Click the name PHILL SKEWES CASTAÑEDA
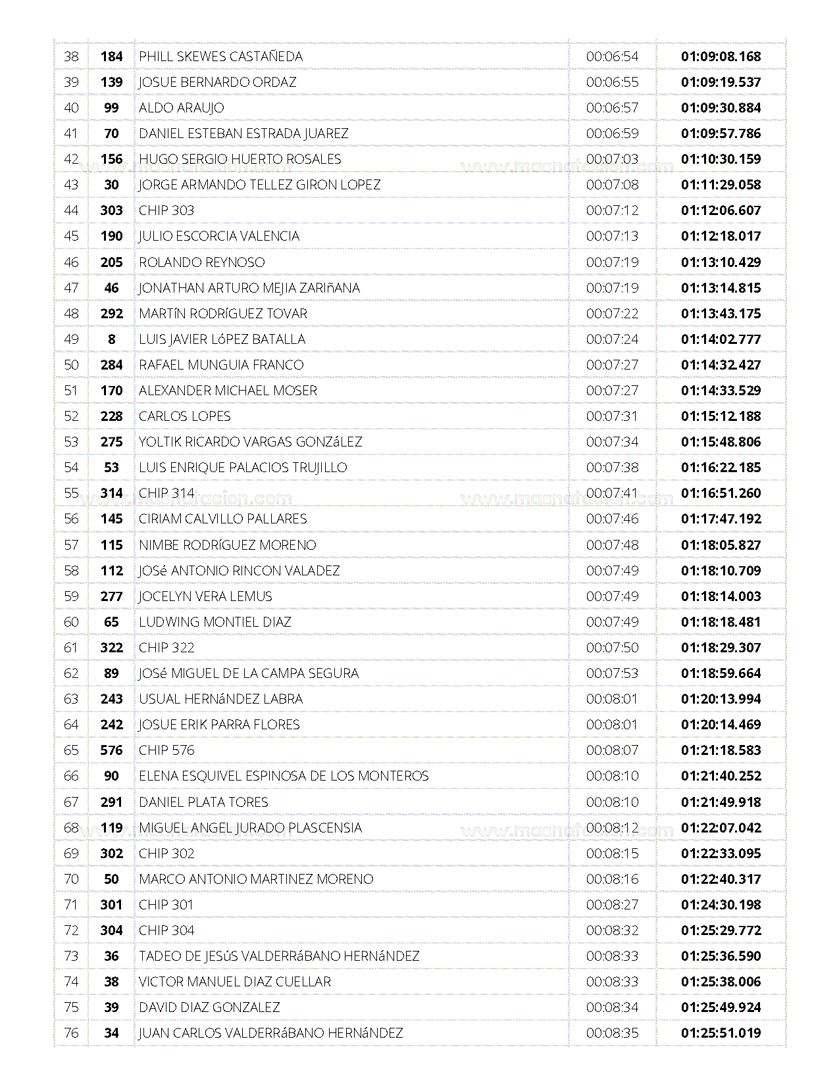(x=220, y=57)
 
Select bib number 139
(x=111, y=82)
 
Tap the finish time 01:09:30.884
(x=721, y=108)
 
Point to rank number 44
(x=71, y=210)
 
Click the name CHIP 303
(x=166, y=210)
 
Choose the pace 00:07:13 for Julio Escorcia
(x=612, y=236)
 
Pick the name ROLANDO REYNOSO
(x=201, y=262)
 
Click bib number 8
(x=111, y=339)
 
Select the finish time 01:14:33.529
(x=721, y=391)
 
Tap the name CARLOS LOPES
(x=184, y=416)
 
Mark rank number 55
(x=71, y=493)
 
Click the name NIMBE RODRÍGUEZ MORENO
(x=227, y=545)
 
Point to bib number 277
(x=111, y=596)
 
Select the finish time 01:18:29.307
(x=721, y=648)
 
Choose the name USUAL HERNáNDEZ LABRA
(x=220, y=699)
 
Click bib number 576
(x=111, y=750)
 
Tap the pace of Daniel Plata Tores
(x=612, y=802)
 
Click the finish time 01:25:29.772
(x=721, y=930)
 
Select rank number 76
(x=71, y=1033)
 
